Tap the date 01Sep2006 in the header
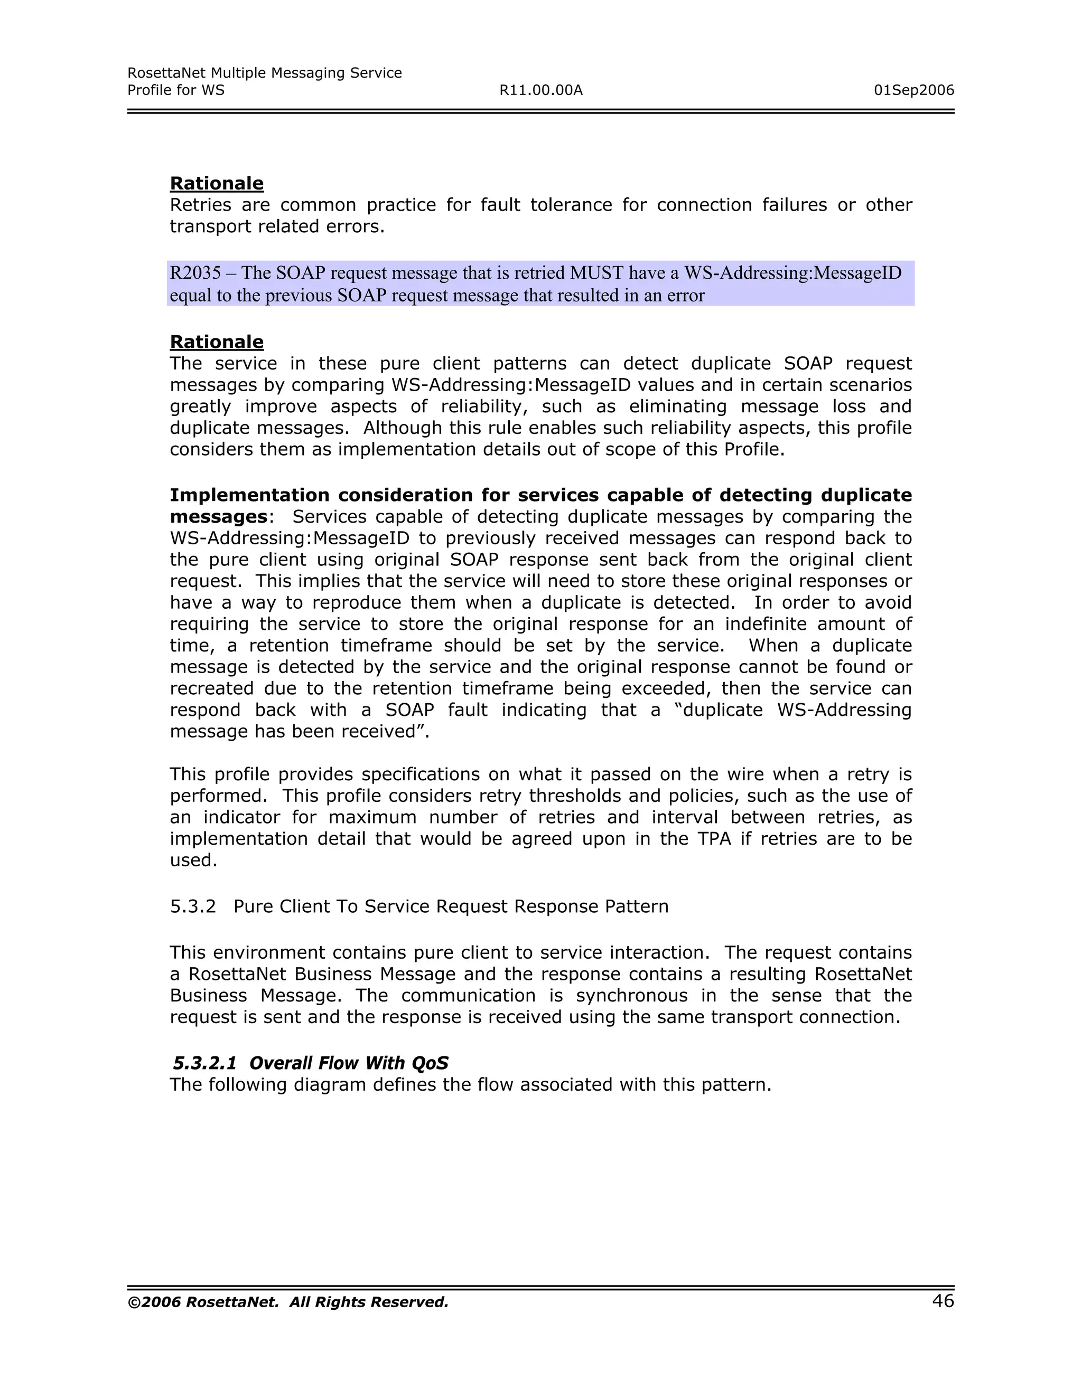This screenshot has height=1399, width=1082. (913, 90)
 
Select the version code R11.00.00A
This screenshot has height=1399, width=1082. (540, 90)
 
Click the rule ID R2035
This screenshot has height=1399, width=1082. (195, 273)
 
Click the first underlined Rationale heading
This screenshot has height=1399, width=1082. (217, 183)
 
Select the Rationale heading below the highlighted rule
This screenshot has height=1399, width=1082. (217, 342)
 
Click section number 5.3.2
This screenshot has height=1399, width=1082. (192, 906)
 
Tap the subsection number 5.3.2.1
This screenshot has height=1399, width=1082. (204, 1063)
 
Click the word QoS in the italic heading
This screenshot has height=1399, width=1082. (430, 1063)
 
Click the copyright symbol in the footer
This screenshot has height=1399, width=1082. (134, 1302)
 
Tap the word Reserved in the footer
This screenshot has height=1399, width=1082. (414, 1302)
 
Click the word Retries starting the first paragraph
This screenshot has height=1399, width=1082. (200, 205)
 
